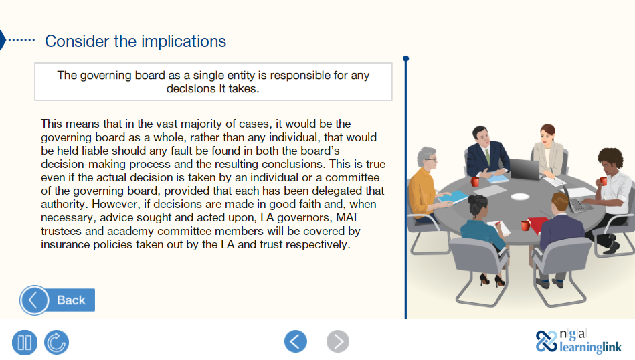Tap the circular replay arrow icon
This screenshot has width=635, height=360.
pyautogui.click(x=56, y=343)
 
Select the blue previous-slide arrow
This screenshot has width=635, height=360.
pyautogui.click(x=296, y=341)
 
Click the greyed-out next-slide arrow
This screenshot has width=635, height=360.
pyautogui.click(x=338, y=341)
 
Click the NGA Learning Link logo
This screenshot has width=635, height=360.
pyautogui.click(x=579, y=341)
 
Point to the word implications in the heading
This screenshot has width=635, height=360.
pyautogui.click(x=183, y=41)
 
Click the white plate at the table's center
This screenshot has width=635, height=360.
pyautogui.click(x=519, y=197)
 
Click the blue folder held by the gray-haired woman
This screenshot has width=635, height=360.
pyautogui.click(x=454, y=197)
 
